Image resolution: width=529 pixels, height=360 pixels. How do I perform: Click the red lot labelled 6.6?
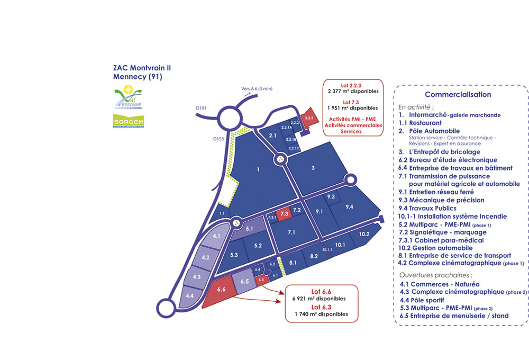pos(221,290)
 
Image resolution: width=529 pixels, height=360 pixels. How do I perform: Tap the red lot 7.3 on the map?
pos(284,214)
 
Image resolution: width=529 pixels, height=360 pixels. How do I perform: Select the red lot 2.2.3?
pos(309,118)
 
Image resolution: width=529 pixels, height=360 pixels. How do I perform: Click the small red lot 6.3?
pos(262,280)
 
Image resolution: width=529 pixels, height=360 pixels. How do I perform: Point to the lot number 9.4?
pos(349,206)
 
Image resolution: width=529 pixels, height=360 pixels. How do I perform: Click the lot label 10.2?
pos(363,234)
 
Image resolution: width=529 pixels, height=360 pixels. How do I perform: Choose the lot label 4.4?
pos(190,295)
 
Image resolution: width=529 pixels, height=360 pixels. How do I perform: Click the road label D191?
pos(201,108)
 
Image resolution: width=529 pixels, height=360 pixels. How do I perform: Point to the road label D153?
pos(219,139)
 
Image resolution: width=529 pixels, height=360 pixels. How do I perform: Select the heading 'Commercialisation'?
pos(458,95)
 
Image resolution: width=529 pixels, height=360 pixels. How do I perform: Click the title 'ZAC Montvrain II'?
pos(142,68)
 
